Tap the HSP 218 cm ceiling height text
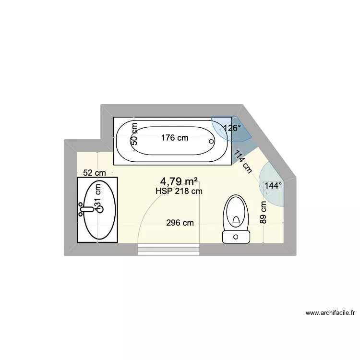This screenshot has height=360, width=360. pyautogui.click(x=179, y=191)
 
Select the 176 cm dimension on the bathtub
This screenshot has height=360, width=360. pyautogui.click(x=175, y=138)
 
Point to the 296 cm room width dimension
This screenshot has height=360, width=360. pyautogui.click(x=180, y=223)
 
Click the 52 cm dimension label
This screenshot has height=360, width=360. pyautogui.click(x=95, y=173)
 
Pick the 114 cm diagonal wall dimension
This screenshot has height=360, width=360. pyautogui.click(x=243, y=161)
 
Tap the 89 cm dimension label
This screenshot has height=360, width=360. pyautogui.click(x=264, y=213)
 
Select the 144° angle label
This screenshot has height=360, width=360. pyautogui.click(x=274, y=185)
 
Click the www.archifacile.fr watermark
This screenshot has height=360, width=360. pyautogui.click(x=330, y=313)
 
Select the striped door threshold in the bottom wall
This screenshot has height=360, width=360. pyautogui.click(x=168, y=249)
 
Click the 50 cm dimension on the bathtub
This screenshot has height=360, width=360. pyautogui.click(x=134, y=133)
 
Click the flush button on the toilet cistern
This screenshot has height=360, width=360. pyautogui.click(x=236, y=236)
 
